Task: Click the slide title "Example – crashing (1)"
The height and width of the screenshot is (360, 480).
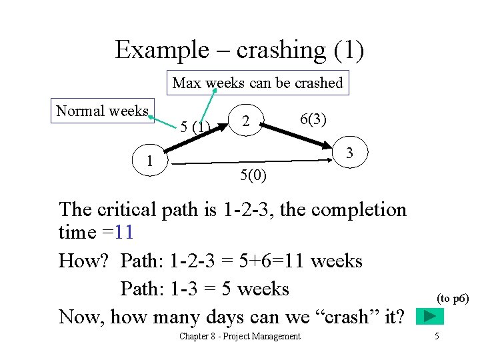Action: [239, 50]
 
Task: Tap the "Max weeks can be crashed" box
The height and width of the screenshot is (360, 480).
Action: [257, 83]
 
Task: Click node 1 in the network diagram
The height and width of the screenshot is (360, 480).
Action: [151, 161]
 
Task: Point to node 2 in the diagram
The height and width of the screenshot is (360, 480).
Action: [246, 121]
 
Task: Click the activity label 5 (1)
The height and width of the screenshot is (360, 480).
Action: [195, 127]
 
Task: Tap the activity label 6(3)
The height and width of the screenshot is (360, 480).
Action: [313, 119]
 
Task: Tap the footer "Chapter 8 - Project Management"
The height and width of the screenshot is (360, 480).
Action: [239, 336]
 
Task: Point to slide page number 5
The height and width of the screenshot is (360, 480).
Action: [437, 336]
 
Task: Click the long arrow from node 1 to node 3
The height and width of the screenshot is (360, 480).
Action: [253, 161]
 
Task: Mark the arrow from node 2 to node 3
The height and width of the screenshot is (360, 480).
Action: [297, 134]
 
